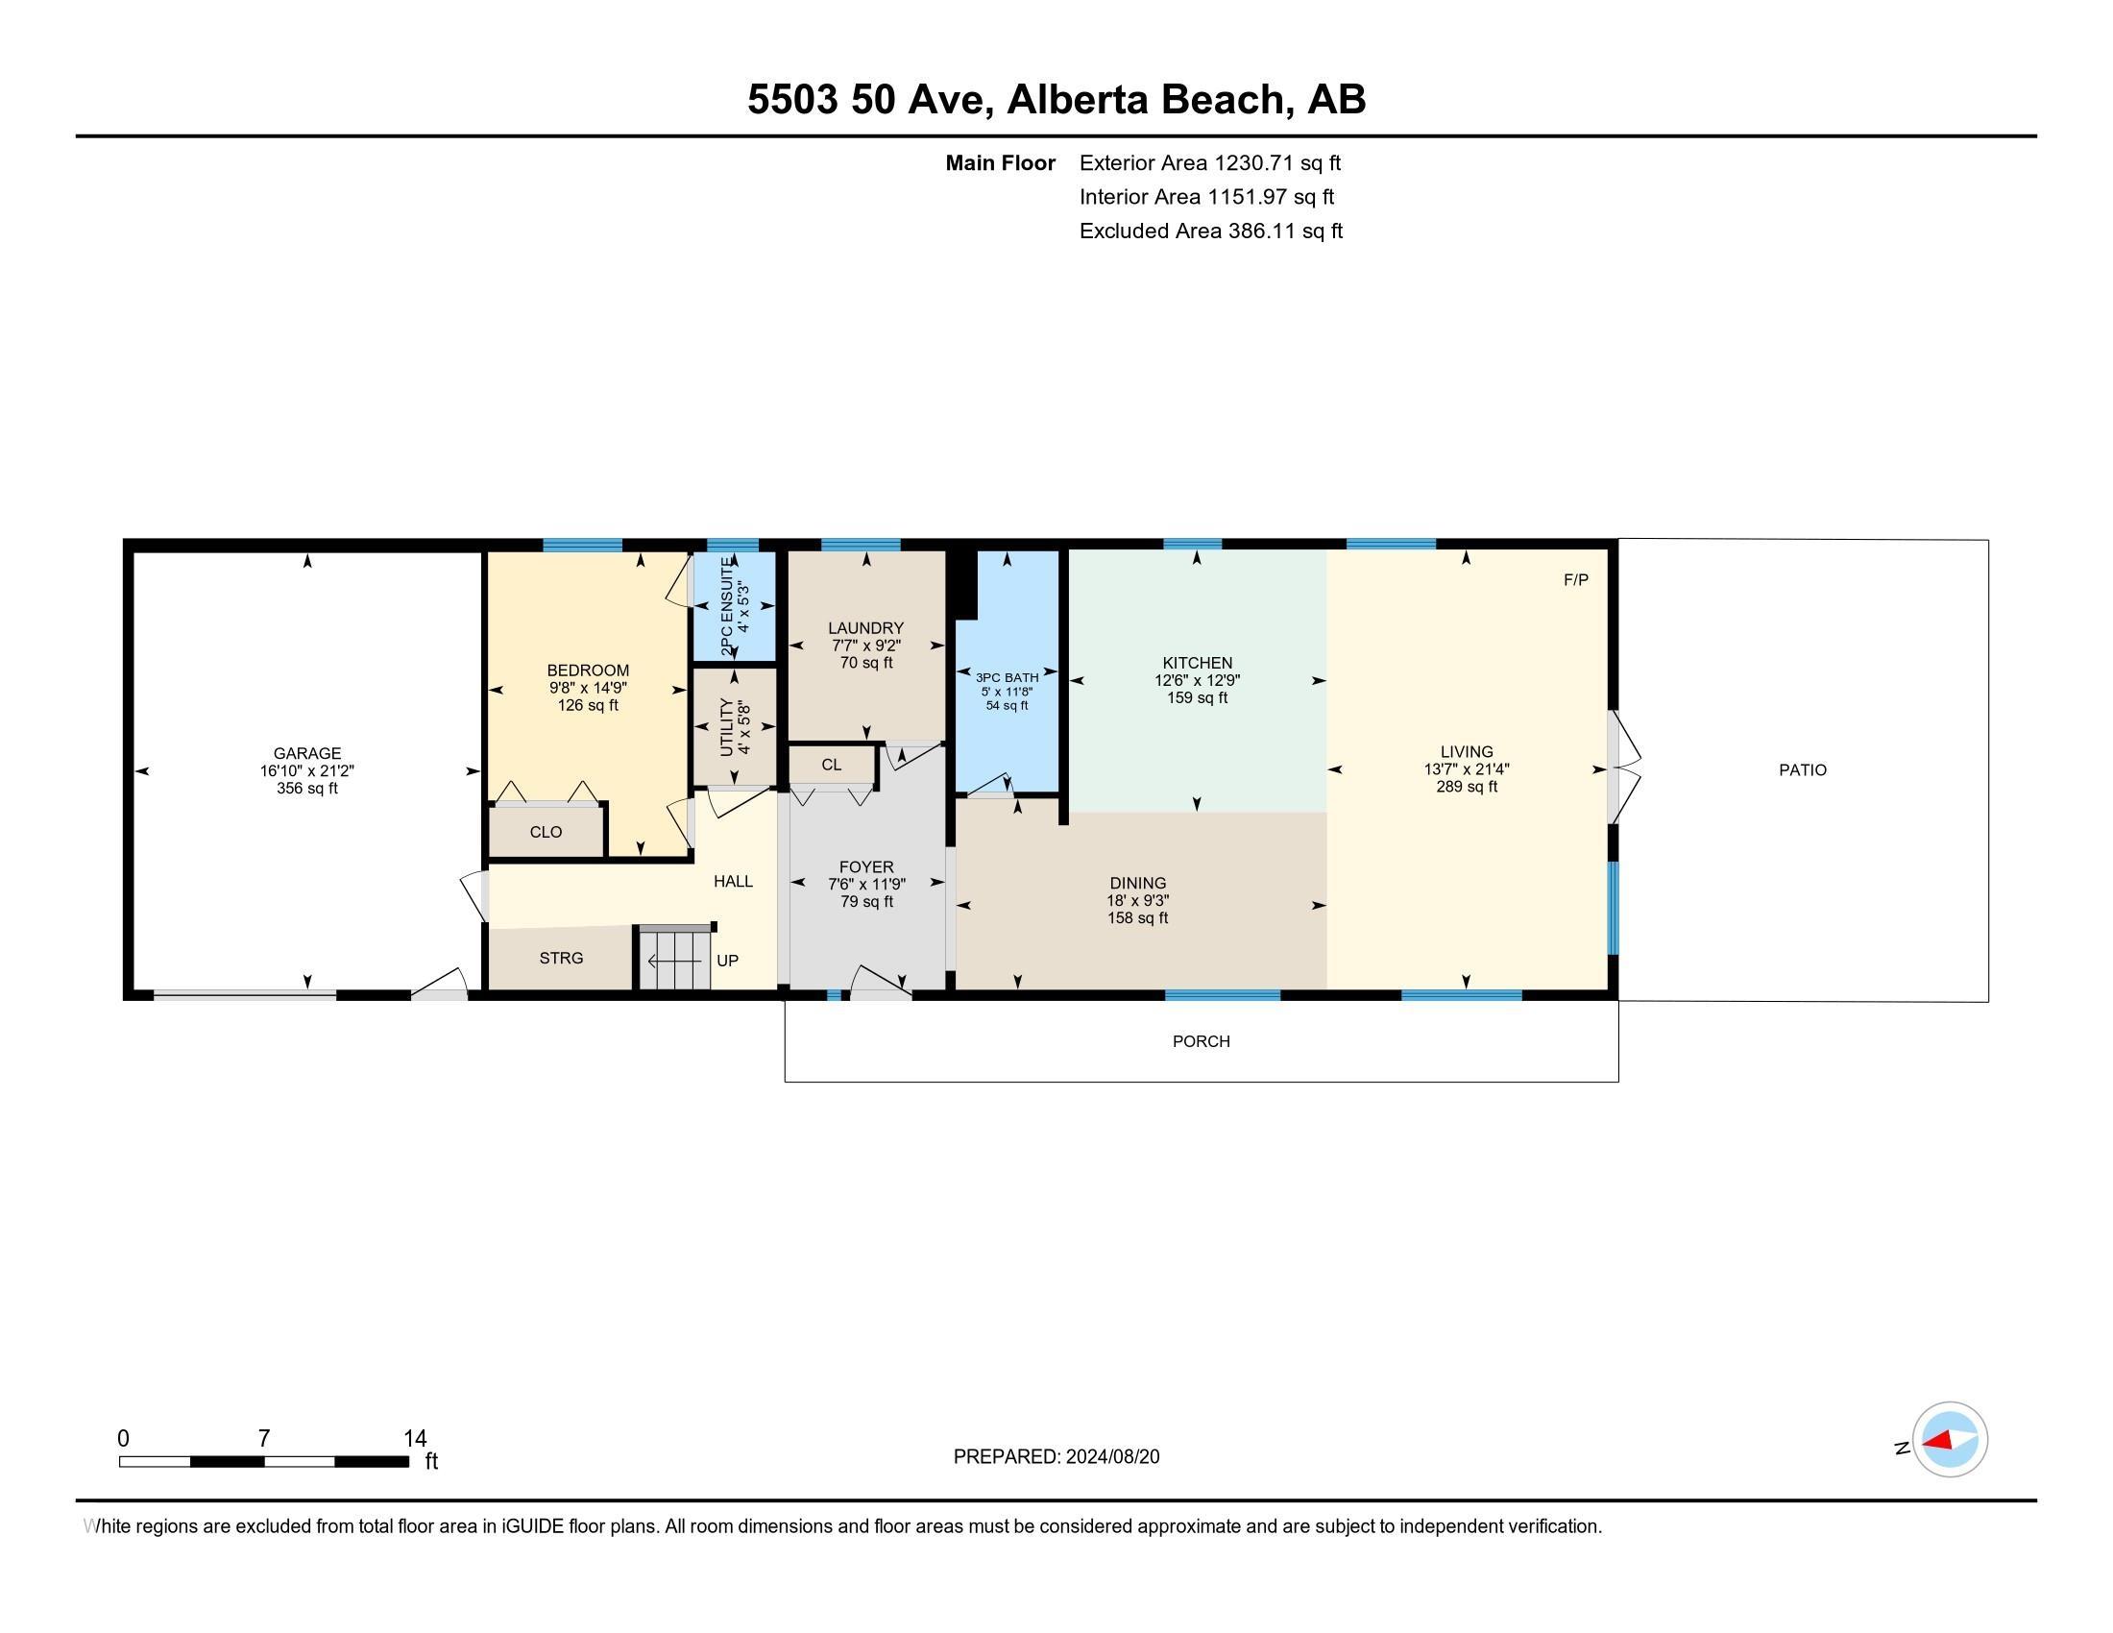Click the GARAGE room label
click(306, 753)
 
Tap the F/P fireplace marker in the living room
click(1576, 579)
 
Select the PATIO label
click(1803, 770)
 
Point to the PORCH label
click(1201, 1041)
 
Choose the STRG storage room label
click(561, 958)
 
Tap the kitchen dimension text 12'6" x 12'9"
click(1197, 680)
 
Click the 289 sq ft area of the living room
click(1466, 787)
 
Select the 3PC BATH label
click(1008, 677)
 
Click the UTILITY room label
click(728, 727)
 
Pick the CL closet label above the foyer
click(831, 765)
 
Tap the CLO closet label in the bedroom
click(546, 832)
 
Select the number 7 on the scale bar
click(263, 1439)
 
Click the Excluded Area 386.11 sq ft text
click(1210, 231)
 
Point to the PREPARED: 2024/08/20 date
click(1056, 1456)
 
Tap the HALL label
click(733, 881)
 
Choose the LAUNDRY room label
click(866, 628)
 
